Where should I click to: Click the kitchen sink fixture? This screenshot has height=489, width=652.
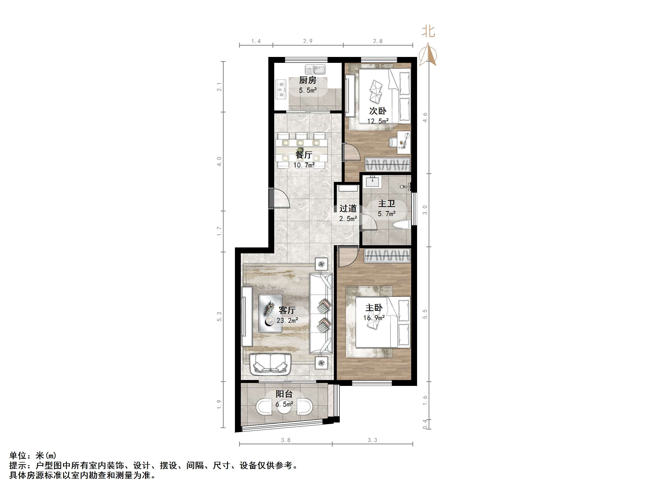[315, 70]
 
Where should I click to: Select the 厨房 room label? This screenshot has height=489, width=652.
[308, 80]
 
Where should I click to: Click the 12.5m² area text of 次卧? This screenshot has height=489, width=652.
[378, 121]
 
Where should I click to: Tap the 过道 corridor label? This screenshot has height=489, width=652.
[348, 209]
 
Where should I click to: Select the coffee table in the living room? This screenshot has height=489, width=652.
[64, 314]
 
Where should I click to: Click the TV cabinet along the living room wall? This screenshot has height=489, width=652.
[247, 316]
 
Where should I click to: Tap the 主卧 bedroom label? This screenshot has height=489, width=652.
[374, 308]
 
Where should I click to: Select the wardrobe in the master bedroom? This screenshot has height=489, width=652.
[387, 256]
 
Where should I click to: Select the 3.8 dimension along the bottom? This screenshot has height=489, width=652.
[285, 440]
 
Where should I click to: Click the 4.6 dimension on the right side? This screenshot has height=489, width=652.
[425, 118]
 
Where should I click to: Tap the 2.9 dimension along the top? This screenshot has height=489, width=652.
[308, 41]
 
